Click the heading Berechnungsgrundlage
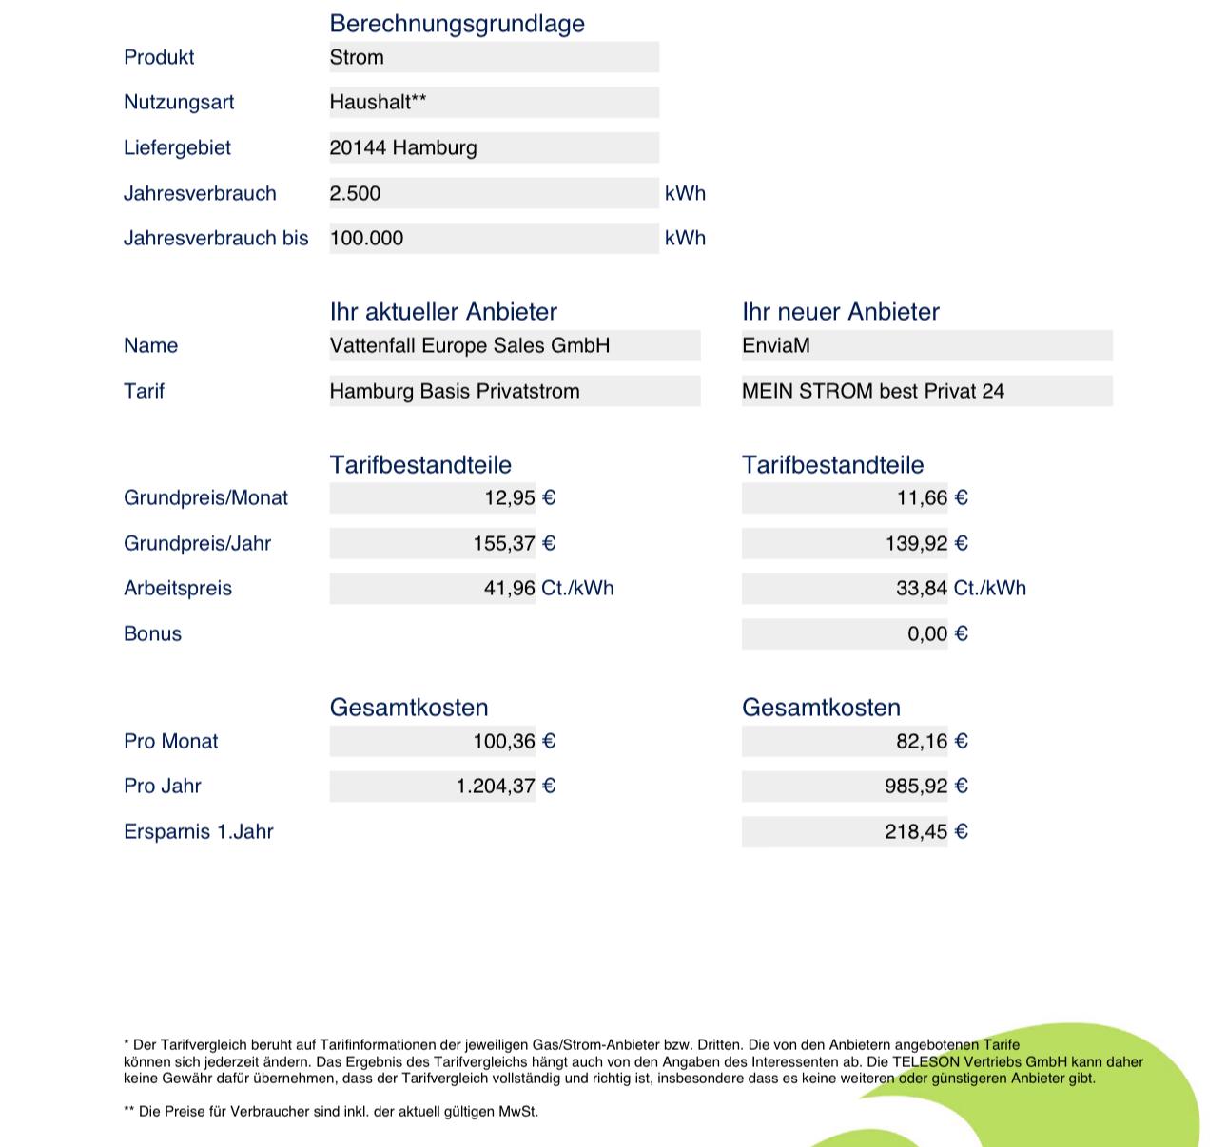[457, 24]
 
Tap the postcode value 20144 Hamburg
[403, 147]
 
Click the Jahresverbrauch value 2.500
[355, 193]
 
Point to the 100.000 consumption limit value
[366, 238]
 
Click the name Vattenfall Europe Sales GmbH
[470, 345]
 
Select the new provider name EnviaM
[776, 345]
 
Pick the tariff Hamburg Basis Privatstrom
[455, 391]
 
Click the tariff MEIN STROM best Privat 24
[872, 391]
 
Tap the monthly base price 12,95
[510, 497]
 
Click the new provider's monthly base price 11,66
[922, 497]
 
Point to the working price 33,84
[921, 588]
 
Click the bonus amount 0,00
[927, 633]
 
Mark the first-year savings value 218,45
[916, 831]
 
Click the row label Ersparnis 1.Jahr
[199, 831]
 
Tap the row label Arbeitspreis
[178, 588]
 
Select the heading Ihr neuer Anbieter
[840, 312]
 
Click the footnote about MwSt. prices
[331, 1111]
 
